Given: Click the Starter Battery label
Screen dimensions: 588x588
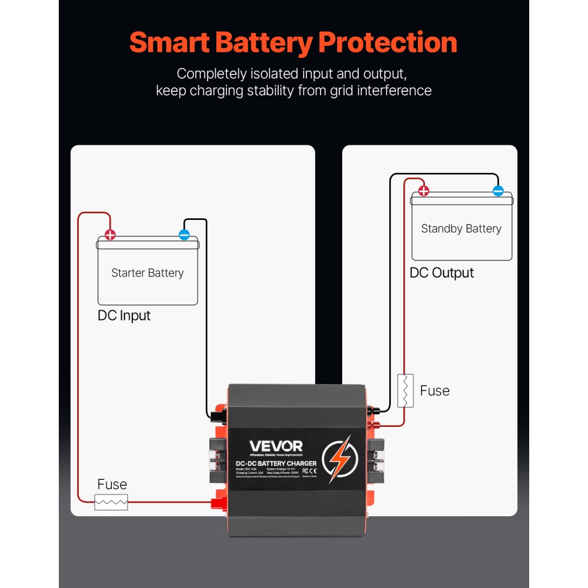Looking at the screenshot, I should click(x=148, y=273).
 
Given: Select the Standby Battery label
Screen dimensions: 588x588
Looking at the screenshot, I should click(x=461, y=229).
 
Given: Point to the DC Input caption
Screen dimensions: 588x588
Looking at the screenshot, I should click(x=124, y=316).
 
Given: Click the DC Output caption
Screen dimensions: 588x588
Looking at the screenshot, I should click(x=442, y=273).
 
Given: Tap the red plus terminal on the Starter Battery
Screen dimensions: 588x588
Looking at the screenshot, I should click(x=110, y=235).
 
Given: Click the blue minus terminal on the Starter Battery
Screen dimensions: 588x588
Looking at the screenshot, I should click(x=184, y=235).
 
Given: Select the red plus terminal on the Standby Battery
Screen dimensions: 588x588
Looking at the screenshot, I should click(x=423, y=191).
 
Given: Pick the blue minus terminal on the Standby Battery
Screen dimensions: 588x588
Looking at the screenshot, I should click(x=498, y=191).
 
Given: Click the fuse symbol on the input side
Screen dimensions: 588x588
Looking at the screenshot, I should click(x=111, y=502).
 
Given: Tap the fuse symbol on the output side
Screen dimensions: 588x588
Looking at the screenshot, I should click(x=406, y=390).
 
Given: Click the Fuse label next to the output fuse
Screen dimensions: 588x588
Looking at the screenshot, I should click(x=435, y=391).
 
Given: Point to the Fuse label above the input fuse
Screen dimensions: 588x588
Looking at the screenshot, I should click(x=112, y=485).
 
